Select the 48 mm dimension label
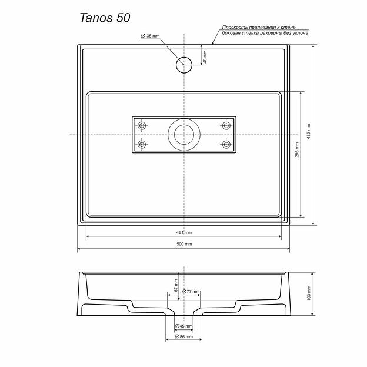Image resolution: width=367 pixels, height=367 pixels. [x=205, y=58]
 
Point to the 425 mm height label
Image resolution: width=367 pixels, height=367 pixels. [x=309, y=135]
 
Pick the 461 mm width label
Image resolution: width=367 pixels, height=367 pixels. [x=184, y=232]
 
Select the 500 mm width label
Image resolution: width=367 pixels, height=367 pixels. [x=184, y=244]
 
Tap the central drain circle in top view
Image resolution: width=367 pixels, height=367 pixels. [x=184, y=135]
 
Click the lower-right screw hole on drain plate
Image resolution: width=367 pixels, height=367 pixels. [x=226, y=144]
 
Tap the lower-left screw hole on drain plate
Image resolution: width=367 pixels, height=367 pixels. [x=141, y=144]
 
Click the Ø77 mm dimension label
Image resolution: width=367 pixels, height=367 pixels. [x=191, y=292]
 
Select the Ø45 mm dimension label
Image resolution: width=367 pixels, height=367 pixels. [x=184, y=326]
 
